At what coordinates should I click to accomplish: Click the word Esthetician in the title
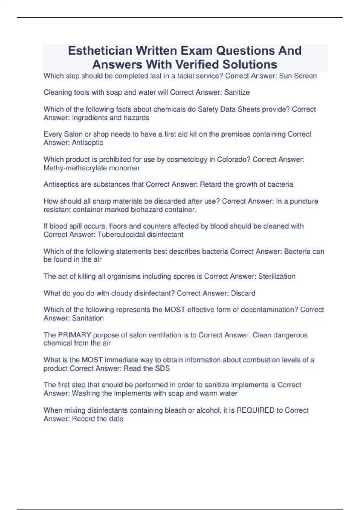(100, 51)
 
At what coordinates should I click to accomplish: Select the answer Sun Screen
(298, 76)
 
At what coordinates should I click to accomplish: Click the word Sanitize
(237, 92)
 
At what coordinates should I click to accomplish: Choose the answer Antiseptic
(87, 142)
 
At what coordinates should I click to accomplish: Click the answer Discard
(243, 293)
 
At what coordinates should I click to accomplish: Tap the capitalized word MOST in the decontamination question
(175, 310)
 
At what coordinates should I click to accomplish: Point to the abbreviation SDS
(162, 368)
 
